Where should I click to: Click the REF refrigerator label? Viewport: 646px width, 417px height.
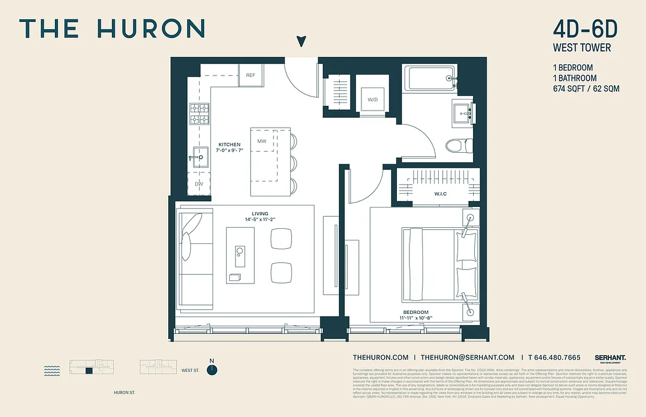point(251,75)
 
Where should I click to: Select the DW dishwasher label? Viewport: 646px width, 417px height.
point(199,184)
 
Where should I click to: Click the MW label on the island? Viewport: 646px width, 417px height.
point(262,141)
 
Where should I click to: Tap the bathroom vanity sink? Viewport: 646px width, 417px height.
point(463,112)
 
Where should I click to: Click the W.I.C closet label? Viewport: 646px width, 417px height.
point(440,194)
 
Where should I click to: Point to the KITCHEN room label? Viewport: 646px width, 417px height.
point(229,144)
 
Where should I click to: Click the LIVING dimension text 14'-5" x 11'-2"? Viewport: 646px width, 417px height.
point(260,220)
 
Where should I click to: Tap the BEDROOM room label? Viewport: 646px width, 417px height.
point(416,312)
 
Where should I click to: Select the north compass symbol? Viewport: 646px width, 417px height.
point(212,369)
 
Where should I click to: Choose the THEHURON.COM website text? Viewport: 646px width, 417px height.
point(380,358)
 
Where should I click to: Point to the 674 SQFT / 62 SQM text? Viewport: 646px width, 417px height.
point(586,89)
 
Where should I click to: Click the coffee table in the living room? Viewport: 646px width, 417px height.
point(240,255)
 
